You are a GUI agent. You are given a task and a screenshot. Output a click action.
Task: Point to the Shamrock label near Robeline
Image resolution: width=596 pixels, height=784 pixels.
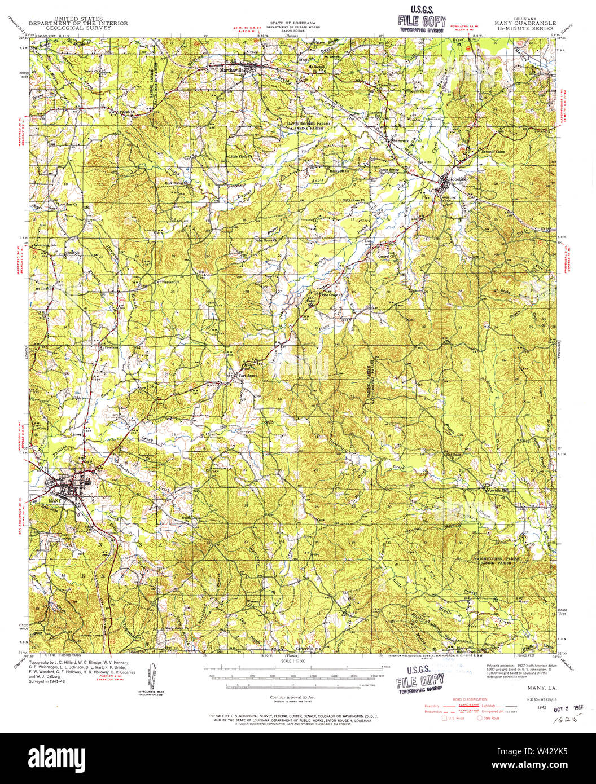(401, 140)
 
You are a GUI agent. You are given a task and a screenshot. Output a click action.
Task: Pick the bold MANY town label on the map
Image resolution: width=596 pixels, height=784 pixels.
(55, 500)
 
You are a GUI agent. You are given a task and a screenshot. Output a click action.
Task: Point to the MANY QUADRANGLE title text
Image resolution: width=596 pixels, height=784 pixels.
(525, 24)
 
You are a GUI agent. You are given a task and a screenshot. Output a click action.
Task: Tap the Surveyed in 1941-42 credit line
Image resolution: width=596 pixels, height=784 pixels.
(47, 681)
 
